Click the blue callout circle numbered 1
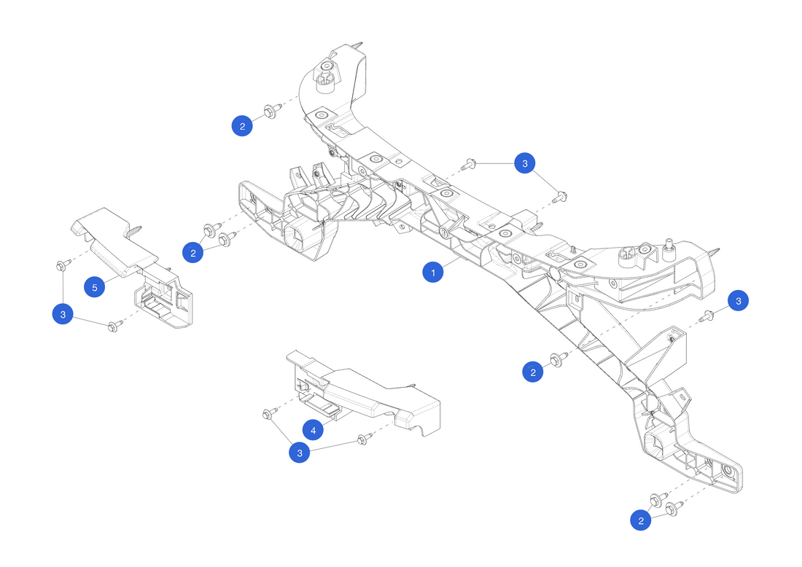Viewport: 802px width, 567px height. click(x=433, y=273)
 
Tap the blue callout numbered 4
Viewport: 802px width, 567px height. click(x=313, y=431)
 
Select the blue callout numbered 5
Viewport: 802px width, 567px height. click(x=94, y=286)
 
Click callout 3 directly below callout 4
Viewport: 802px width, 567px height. click(x=299, y=453)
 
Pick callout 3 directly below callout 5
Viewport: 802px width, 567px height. click(x=63, y=314)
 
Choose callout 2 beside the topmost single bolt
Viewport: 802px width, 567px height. click(x=242, y=125)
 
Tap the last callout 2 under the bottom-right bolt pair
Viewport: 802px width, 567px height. click(x=642, y=520)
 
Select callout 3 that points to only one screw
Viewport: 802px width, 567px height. click(x=739, y=300)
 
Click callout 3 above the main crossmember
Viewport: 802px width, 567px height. click(x=524, y=163)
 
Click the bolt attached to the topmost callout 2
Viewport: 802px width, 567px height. click(x=271, y=112)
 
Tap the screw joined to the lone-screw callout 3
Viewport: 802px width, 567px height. click(x=706, y=316)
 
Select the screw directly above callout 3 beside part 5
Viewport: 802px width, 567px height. click(x=61, y=265)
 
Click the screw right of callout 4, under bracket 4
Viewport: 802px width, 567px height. click(x=362, y=439)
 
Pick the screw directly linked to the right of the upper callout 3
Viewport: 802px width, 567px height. click(x=560, y=195)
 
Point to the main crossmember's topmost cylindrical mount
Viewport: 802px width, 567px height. click(x=325, y=79)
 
